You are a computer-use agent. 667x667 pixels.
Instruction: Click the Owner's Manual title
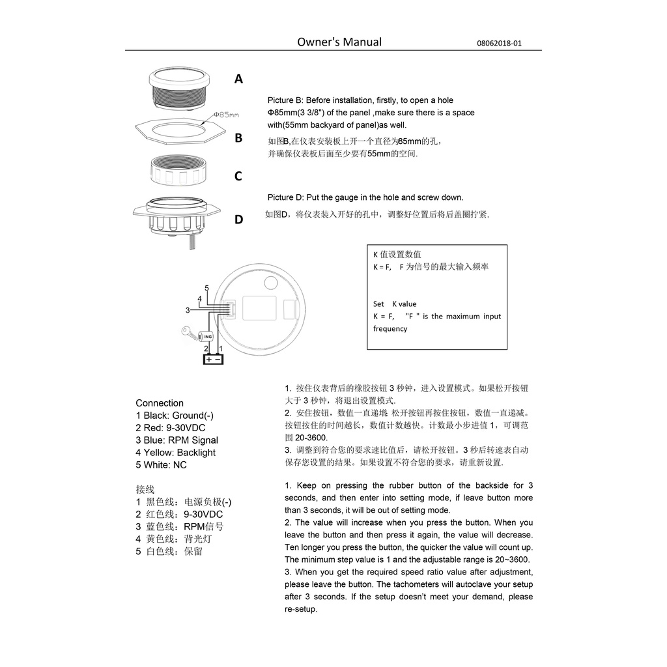click(x=339, y=42)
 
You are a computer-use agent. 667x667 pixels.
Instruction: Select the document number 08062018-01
click(x=499, y=44)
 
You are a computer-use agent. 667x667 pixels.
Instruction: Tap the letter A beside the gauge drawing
click(x=238, y=79)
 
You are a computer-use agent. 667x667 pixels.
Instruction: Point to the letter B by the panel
click(x=238, y=138)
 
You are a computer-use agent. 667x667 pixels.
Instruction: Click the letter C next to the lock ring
click(x=238, y=177)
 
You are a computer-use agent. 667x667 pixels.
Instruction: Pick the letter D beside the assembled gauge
click(x=238, y=220)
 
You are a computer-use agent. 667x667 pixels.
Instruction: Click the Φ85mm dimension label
click(x=226, y=115)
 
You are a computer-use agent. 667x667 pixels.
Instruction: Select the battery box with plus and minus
click(x=213, y=359)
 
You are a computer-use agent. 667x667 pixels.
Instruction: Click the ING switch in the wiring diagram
click(x=208, y=337)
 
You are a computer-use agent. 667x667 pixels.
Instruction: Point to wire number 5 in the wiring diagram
click(x=206, y=288)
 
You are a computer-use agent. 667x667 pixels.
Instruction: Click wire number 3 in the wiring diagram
click(x=188, y=310)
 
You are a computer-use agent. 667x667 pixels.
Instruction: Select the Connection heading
click(x=160, y=403)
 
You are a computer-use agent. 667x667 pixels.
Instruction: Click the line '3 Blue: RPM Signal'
click(x=177, y=440)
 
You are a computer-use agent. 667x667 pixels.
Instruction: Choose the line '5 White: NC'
click(x=161, y=465)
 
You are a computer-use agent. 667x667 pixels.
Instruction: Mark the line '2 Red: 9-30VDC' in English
click(x=170, y=428)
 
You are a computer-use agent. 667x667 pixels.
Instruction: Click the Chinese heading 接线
click(x=145, y=489)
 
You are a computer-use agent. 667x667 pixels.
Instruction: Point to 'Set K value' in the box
click(x=395, y=304)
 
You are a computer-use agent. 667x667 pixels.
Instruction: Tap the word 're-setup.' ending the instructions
click(x=301, y=609)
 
